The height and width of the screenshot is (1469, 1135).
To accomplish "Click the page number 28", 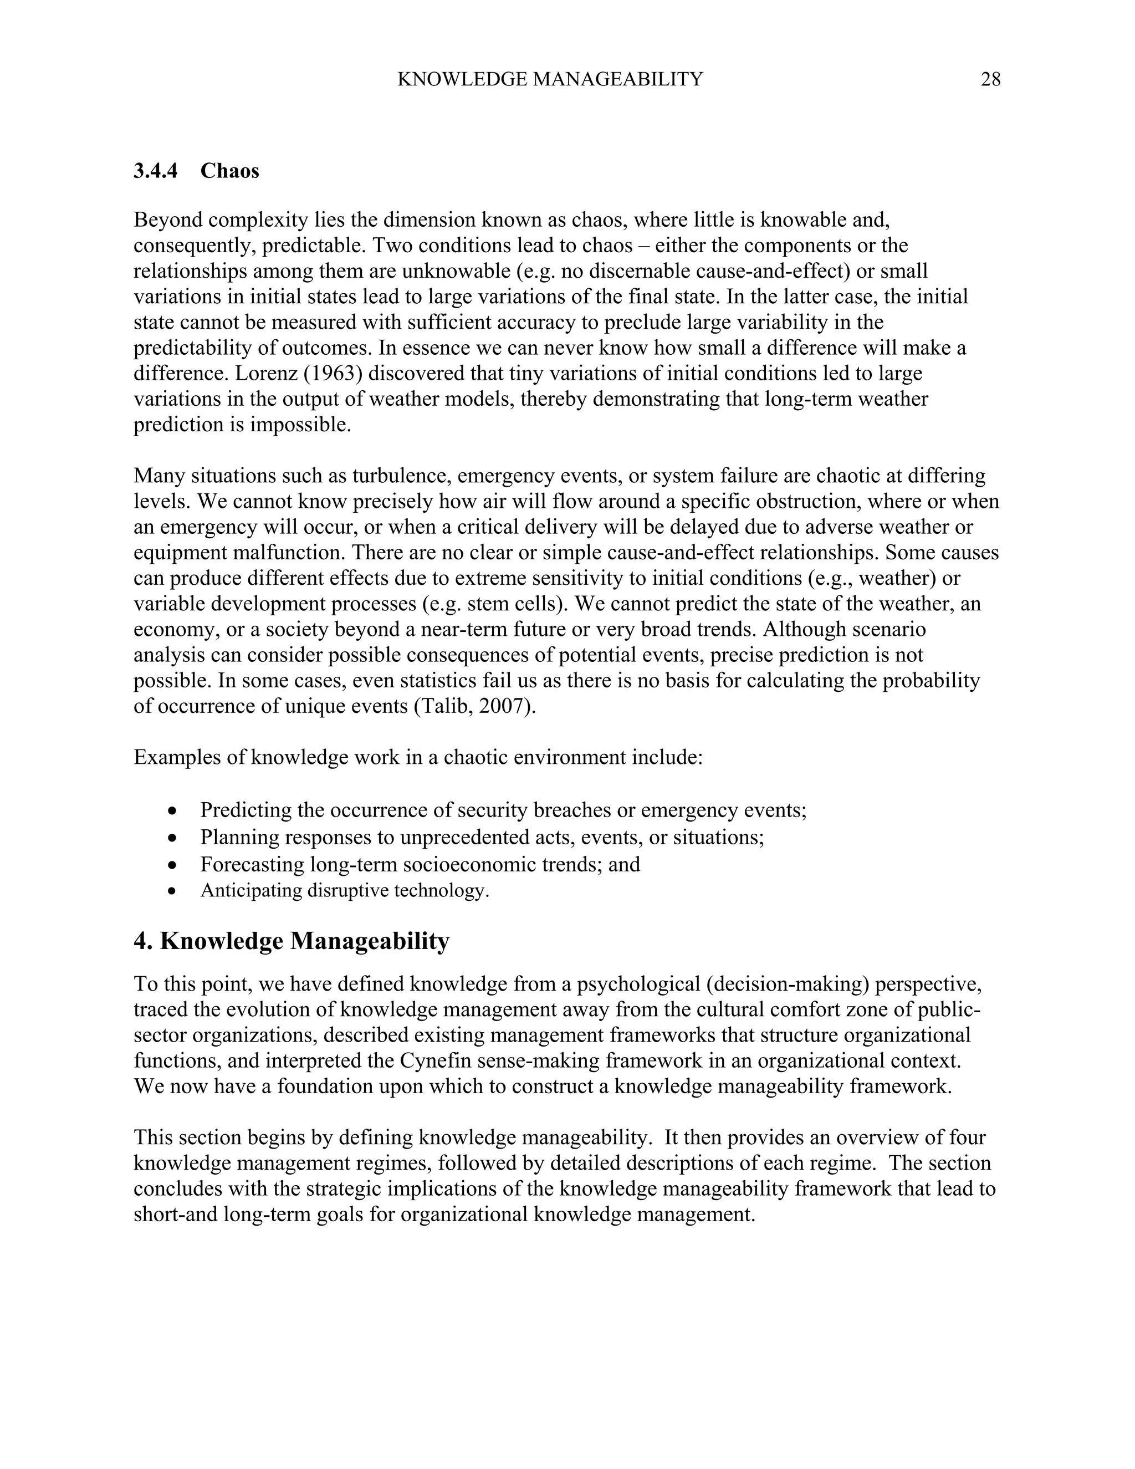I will point(990,80).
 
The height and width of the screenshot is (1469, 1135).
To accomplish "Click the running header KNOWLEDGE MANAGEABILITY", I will point(549,80).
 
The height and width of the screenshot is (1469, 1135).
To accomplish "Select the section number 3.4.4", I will point(155,171).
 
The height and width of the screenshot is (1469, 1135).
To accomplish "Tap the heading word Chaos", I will point(229,171).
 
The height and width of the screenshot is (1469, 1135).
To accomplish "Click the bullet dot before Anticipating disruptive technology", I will point(173,892).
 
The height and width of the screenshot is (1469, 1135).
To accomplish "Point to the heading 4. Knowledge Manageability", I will point(291,941).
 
